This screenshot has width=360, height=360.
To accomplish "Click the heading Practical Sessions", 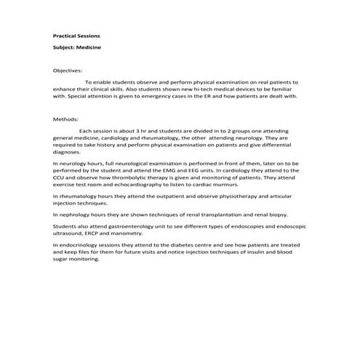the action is point(77,36).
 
